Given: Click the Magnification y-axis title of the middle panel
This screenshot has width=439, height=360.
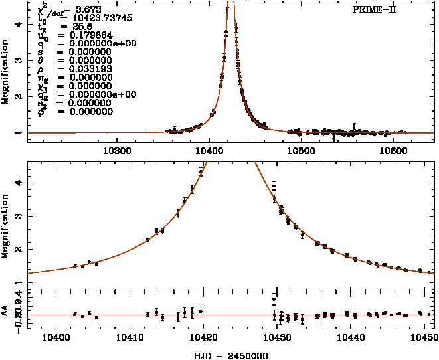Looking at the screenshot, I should pyautogui.click(x=6, y=223).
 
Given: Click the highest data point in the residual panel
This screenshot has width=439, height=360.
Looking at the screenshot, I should pyautogui.click(x=274, y=300).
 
